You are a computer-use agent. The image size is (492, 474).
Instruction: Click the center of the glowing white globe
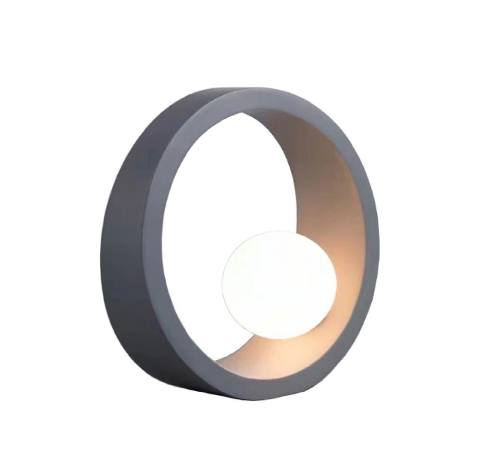(280, 285)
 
